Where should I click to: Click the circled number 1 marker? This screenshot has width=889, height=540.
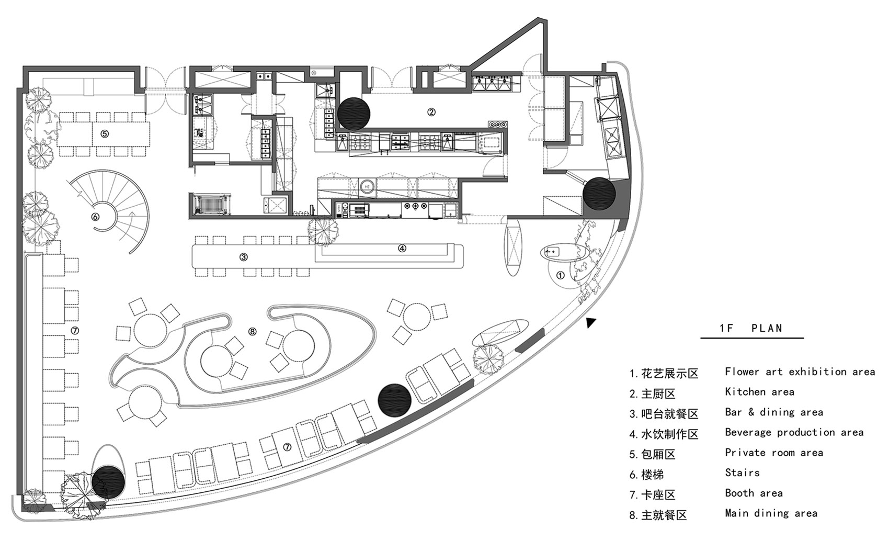[x=560, y=275]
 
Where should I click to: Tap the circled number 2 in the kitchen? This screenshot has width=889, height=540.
[x=431, y=111]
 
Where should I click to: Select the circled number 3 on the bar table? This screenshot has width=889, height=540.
[x=244, y=257]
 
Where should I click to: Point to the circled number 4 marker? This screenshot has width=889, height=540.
[x=402, y=249]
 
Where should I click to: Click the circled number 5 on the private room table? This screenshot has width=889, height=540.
[x=105, y=133]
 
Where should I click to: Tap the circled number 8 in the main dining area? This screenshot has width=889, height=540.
[x=253, y=331]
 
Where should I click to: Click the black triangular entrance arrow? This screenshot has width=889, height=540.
[x=590, y=323]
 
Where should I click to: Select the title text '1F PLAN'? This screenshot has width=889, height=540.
[x=751, y=329]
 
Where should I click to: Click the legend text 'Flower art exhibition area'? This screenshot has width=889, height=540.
[x=800, y=372]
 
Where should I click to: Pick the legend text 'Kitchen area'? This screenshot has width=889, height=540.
[x=759, y=392]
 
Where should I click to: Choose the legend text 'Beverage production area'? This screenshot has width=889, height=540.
[x=794, y=432]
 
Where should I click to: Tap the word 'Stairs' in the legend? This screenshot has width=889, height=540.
[x=742, y=473]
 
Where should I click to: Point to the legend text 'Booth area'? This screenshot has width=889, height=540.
[x=754, y=493]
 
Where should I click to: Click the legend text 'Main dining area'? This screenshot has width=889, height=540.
[x=771, y=513]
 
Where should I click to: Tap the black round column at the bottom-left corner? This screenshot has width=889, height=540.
[x=108, y=481]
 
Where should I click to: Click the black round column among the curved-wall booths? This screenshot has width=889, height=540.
[x=395, y=399]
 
